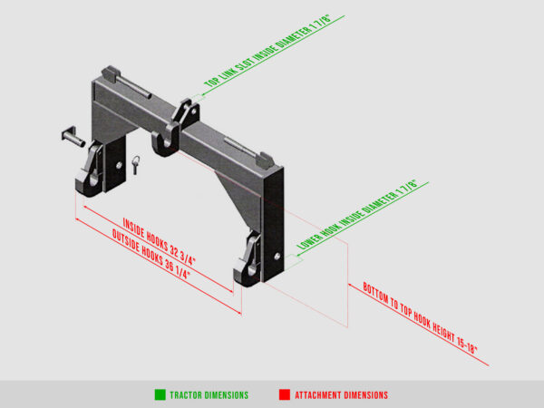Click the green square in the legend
tap(160, 394)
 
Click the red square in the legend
tap(284, 394)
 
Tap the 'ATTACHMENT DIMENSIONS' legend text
tap(342, 395)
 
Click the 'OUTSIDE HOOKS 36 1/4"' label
tap(153, 256)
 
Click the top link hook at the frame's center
tap(165, 142)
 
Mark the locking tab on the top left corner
tap(110, 71)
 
